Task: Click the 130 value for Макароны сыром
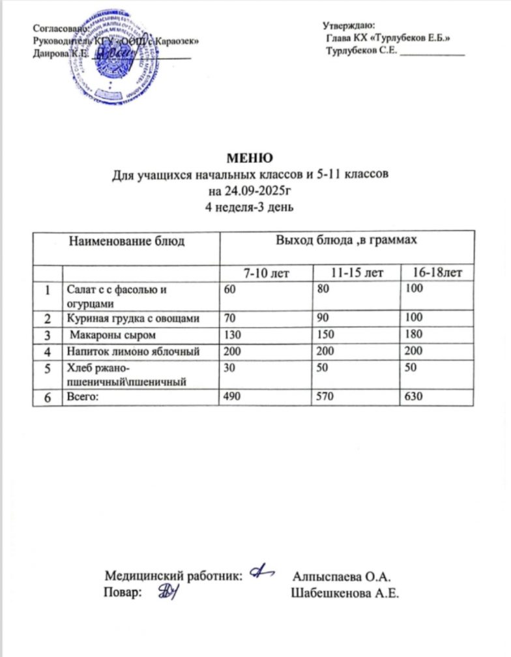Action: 230,336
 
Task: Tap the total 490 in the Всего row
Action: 230,396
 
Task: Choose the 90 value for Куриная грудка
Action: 320,318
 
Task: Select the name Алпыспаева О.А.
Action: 341,577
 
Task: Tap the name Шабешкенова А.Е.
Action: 345,594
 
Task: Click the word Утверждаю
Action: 345,25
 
